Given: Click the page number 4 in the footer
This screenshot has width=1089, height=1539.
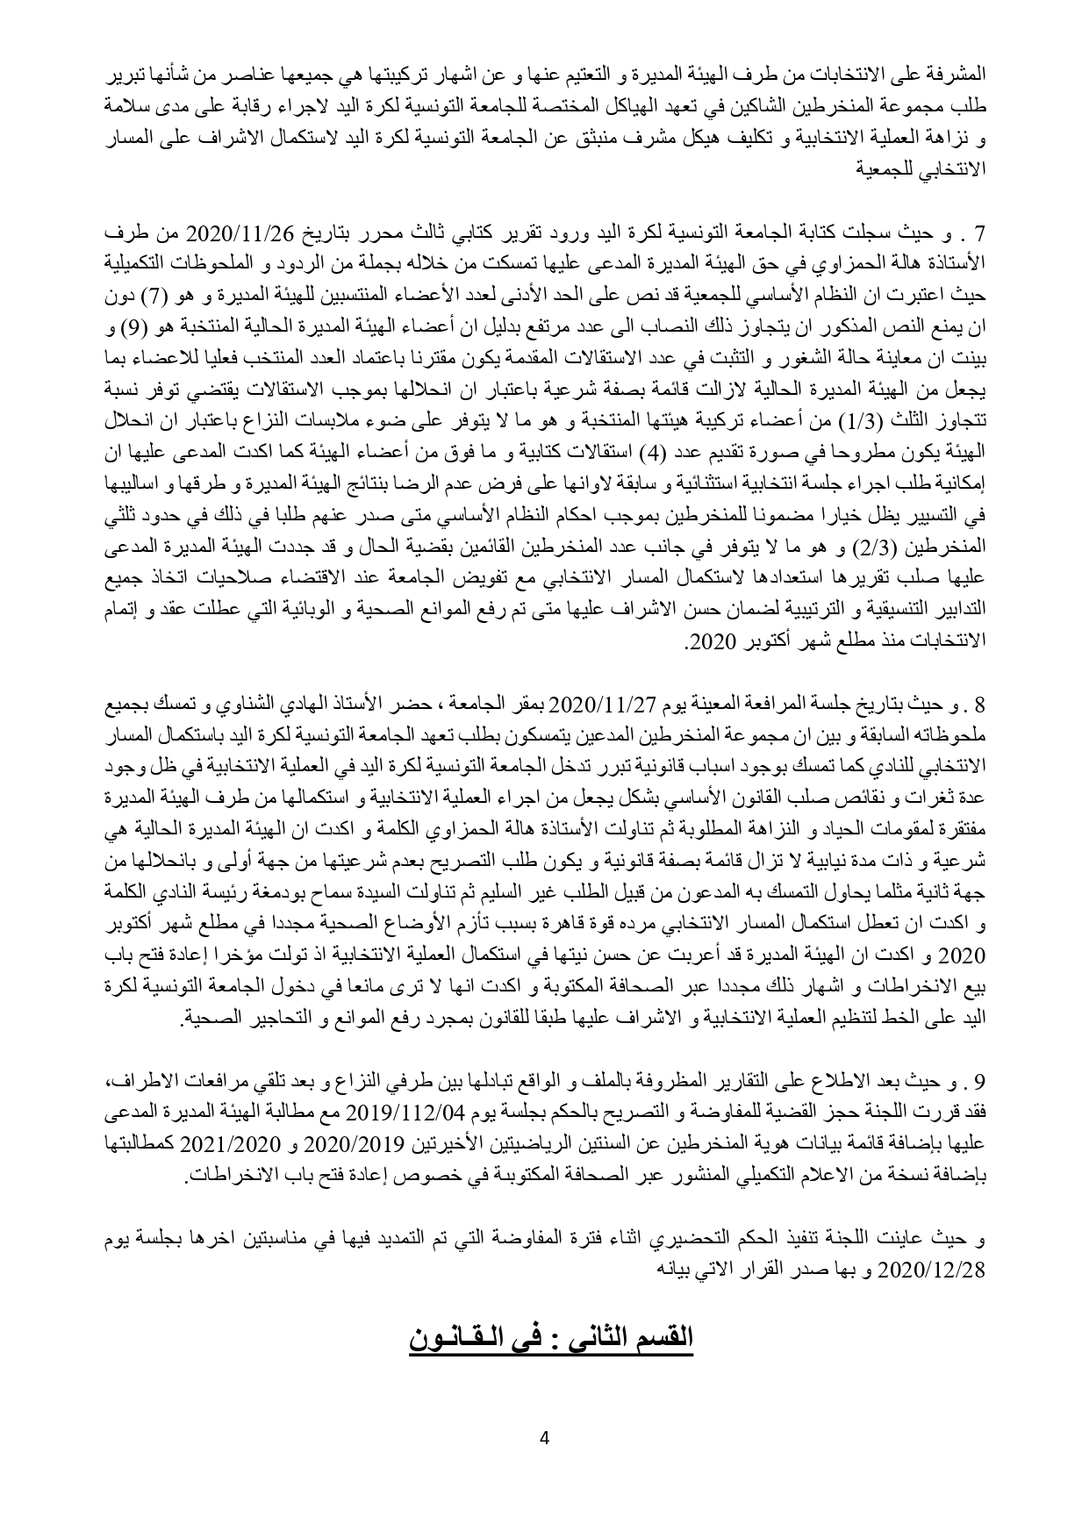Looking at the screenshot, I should pyautogui.click(x=545, y=1464).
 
